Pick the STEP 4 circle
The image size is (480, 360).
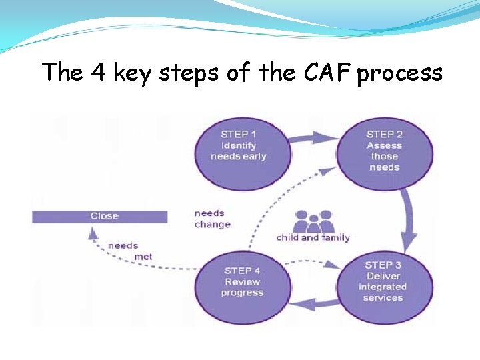click(241, 281)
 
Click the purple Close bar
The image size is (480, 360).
click(100, 216)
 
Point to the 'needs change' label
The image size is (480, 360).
click(212, 219)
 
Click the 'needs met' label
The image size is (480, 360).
click(130, 251)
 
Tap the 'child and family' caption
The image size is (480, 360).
click(313, 237)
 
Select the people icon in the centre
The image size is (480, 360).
click(314, 221)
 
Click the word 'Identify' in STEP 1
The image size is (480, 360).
click(238, 145)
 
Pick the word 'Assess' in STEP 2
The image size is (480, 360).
click(384, 145)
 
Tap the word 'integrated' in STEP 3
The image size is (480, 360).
click(383, 287)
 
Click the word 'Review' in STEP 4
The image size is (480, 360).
click(242, 282)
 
